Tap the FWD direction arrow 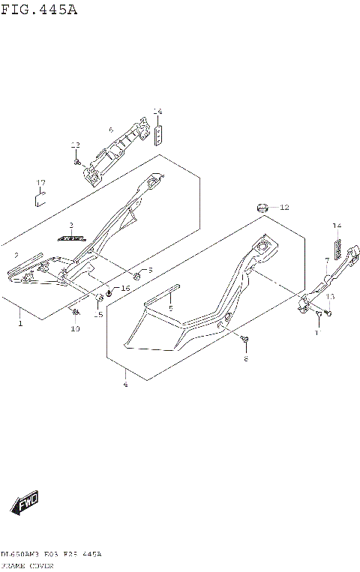point(24,501)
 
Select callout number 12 point(284,207)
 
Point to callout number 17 point(42,183)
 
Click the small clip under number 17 point(42,198)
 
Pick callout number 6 point(111,130)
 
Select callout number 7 point(327,260)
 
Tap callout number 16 point(125,288)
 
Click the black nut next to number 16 point(109,292)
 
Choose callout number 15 point(98,315)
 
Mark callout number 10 point(75,329)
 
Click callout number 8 point(244,360)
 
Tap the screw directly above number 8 point(245,342)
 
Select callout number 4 point(125,385)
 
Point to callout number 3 point(71,225)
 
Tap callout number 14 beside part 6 point(157,112)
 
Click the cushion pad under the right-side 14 point(338,248)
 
